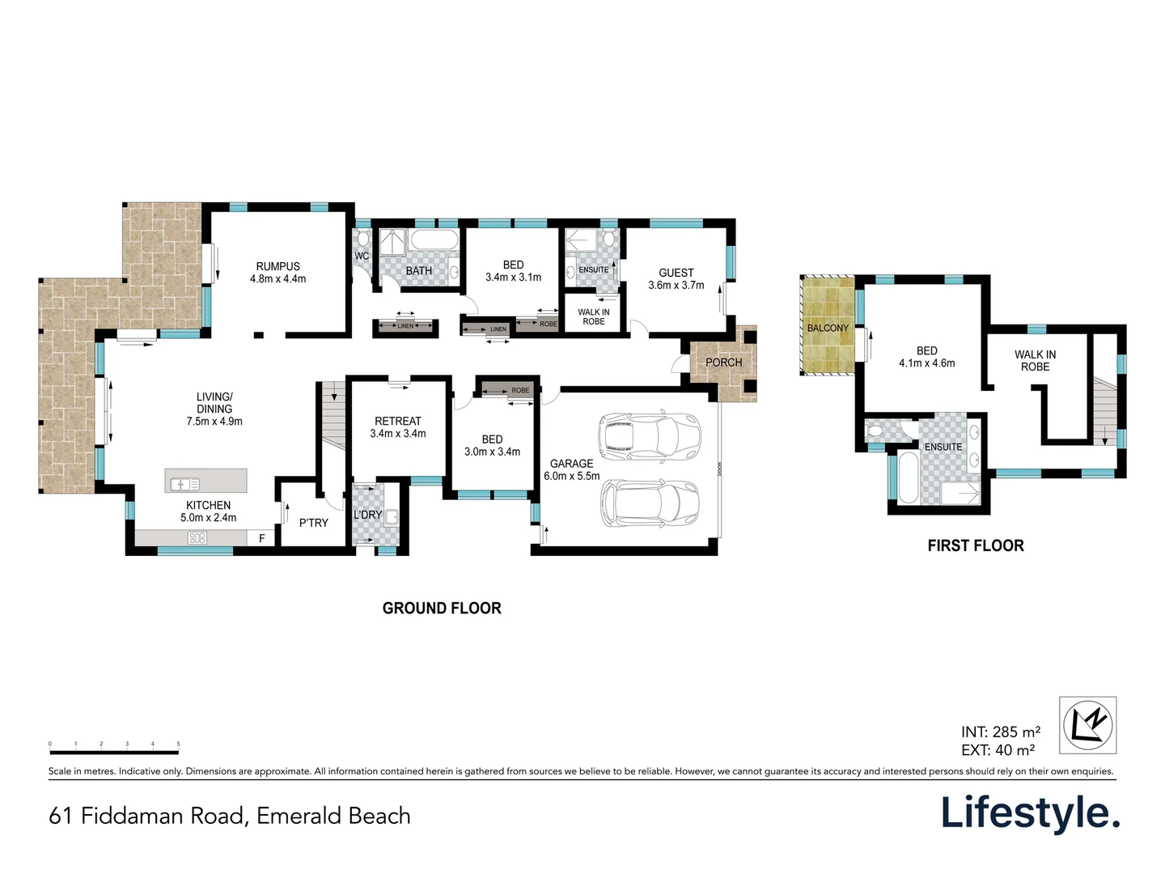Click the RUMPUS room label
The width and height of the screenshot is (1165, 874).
(x=277, y=267)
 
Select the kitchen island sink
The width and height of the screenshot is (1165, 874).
(x=183, y=484)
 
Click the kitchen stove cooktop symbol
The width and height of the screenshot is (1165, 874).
(x=197, y=538)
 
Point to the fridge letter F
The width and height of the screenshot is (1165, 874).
(x=261, y=538)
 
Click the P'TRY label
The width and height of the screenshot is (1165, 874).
(x=314, y=523)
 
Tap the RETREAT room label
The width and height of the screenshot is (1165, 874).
(x=398, y=421)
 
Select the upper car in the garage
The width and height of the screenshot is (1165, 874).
(x=649, y=435)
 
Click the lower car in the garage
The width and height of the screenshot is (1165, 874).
(x=650, y=503)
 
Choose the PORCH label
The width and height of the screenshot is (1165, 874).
(x=723, y=363)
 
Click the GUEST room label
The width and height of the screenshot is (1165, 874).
(x=676, y=274)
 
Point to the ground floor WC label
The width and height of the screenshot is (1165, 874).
(x=362, y=257)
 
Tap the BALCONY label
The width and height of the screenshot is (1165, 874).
(x=828, y=328)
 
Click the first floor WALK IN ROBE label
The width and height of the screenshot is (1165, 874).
(x=1035, y=361)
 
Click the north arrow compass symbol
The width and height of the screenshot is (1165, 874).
(x=1088, y=724)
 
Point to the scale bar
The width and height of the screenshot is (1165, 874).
(x=114, y=752)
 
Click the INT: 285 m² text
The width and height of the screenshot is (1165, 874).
(x=1001, y=732)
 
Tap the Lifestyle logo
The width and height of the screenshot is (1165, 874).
(x=1030, y=812)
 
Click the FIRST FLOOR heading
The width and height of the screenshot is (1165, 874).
(x=976, y=545)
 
